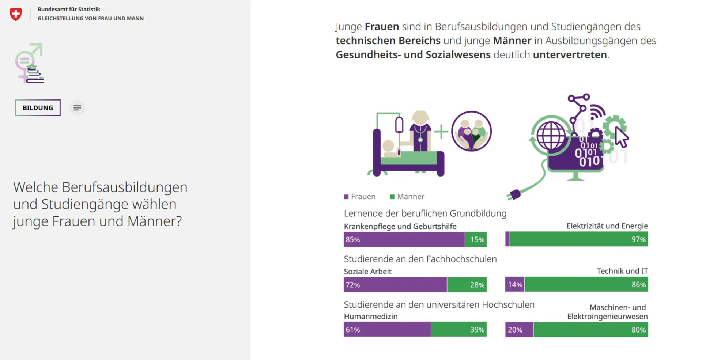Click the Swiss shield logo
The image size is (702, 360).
coord(16,14)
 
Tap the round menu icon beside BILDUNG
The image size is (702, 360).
coord(77,108)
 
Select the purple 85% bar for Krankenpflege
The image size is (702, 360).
coord(404,240)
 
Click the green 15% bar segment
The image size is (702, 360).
coord(476,240)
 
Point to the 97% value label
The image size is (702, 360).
coord(638,239)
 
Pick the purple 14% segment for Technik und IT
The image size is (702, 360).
coord(515,285)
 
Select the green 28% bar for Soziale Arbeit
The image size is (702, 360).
coord(467,285)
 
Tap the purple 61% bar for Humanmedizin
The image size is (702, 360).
coord(387,330)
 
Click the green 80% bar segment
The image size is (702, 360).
coord(590,330)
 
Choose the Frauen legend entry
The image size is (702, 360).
coord(360,197)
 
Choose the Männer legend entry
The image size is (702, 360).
coord(407,197)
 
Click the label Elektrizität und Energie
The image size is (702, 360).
coord(607,226)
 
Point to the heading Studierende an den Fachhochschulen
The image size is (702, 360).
coord(420,259)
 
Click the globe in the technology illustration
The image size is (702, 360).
coord(551,136)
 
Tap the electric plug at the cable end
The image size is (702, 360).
coord(515,194)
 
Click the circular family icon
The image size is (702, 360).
coord(471,132)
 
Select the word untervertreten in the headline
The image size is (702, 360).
coord(570,55)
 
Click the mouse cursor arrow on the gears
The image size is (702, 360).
coord(621,137)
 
